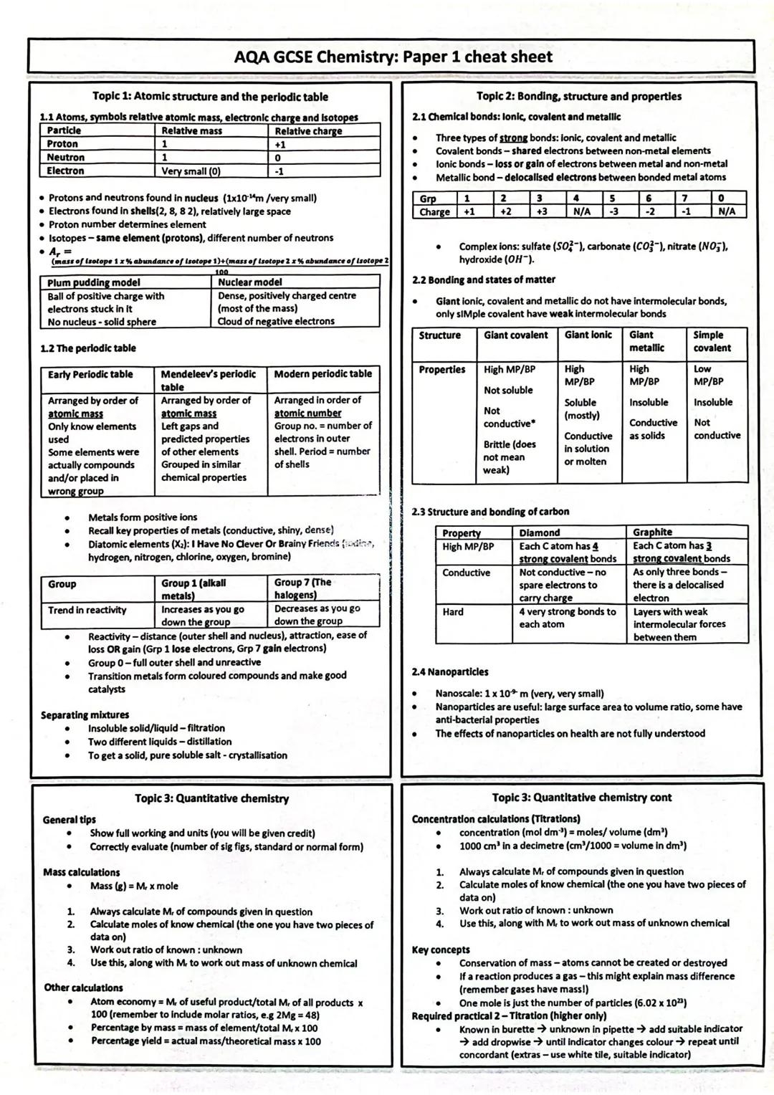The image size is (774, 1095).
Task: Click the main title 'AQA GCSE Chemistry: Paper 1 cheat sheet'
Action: [393, 57]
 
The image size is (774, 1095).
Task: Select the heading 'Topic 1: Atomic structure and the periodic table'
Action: [210, 97]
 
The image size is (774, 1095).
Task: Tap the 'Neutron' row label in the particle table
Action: [66, 158]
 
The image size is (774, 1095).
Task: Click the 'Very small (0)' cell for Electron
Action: [191, 171]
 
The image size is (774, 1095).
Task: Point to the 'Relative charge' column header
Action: [308, 131]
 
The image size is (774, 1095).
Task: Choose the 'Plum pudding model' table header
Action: [94, 283]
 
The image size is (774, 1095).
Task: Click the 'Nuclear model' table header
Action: [250, 282]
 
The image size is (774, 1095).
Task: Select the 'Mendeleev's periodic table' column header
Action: [209, 380]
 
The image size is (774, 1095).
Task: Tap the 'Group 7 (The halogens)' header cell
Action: [302, 588]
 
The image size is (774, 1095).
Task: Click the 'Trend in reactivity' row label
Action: [87, 611]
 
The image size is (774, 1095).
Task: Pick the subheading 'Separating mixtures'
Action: [85, 715]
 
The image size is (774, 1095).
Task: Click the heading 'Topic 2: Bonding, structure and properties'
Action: [579, 96]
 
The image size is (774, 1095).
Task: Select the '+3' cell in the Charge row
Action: [540, 212]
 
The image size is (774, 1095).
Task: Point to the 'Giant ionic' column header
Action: [588, 335]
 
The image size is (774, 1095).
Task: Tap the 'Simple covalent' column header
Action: [712, 342]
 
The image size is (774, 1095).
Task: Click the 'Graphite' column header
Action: [652, 532]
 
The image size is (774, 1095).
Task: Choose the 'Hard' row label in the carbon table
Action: [453, 612]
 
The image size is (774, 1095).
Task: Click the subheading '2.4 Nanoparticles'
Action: [450, 672]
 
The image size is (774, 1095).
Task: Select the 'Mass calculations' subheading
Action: [82, 873]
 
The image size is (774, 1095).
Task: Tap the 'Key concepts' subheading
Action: [441, 950]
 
